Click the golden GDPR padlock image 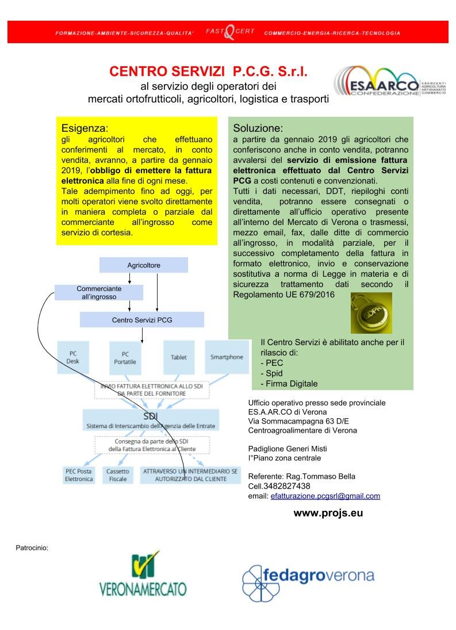point(371,313)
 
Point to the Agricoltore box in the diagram point(144,265)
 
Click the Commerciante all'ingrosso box point(99,292)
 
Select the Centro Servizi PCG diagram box point(141,319)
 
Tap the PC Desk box point(73,357)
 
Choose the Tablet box point(179,357)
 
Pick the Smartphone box point(227,357)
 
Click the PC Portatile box point(125,357)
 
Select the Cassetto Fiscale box point(117,475)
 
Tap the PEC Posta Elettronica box point(79,475)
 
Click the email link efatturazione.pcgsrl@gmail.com point(325,496)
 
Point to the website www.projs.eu point(328,513)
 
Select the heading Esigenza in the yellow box point(85,128)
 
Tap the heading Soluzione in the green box point(258,128)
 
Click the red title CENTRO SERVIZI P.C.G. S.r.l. point(209,72)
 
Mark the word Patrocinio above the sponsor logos point(32,547)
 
